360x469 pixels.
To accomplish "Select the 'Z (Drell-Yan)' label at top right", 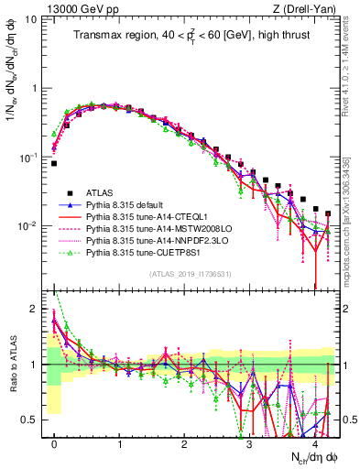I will (x=306, y=8).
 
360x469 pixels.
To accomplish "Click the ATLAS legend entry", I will (x=102, y=192).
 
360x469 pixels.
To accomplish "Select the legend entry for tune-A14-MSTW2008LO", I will (x=150, y=228).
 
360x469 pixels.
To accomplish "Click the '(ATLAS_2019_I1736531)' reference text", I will (x=191, y=274).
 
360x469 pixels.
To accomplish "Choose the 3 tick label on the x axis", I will (x=248, y=442).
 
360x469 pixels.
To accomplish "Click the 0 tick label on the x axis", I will (x=54, y=442).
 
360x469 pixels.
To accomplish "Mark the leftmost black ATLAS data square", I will (x=54, y=163).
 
